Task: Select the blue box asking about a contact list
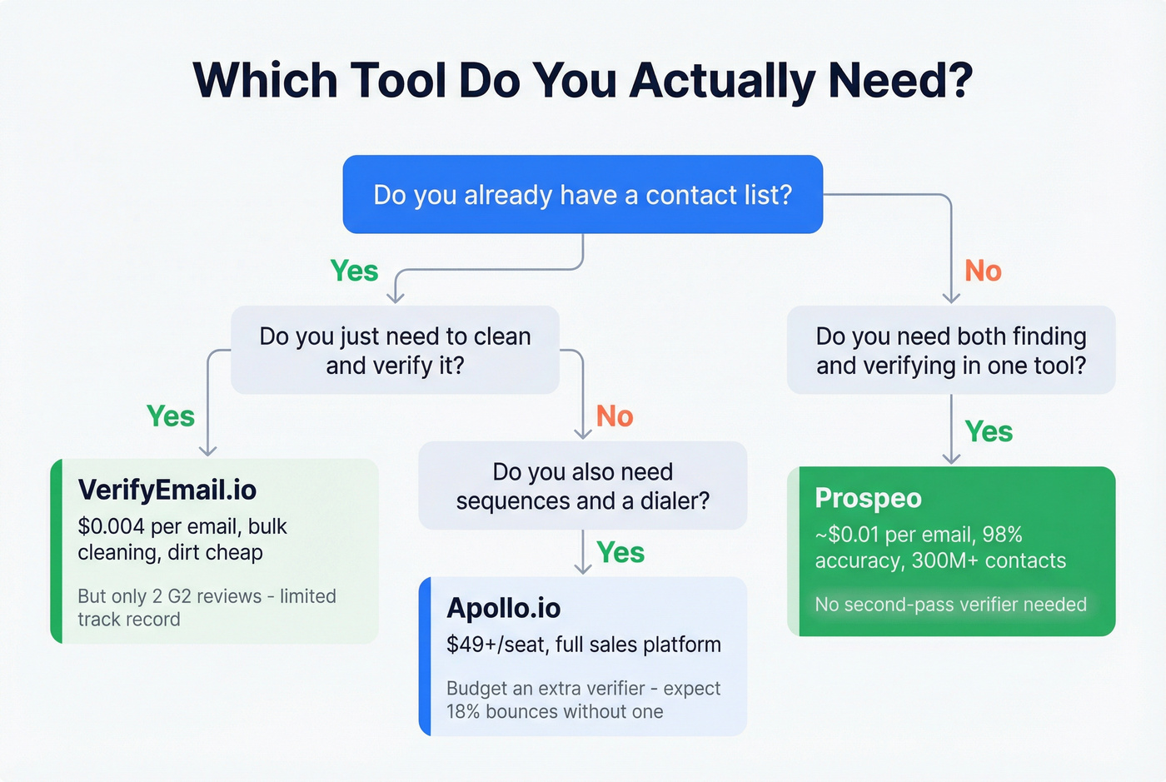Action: pos(582,194)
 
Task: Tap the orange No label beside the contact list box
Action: pos(983,271)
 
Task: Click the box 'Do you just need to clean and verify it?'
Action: pos(395,350)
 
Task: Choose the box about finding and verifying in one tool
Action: pos(950,350)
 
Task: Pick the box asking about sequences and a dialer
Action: pos(582,486)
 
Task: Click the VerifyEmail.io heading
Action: pos(167,490)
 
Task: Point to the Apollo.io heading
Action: pos(503,608)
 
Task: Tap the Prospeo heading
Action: pos(868,498)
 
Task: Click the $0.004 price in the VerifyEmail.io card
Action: pos(111,526)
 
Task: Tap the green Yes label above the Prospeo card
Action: pos(989,431)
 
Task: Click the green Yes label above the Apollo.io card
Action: pos(620,552)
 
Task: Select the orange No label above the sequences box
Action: pos(615,416)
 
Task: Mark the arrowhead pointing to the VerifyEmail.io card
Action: pos(207,451)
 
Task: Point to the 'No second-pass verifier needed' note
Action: pos(950,605)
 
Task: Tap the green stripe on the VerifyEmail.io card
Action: pos(57,550)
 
